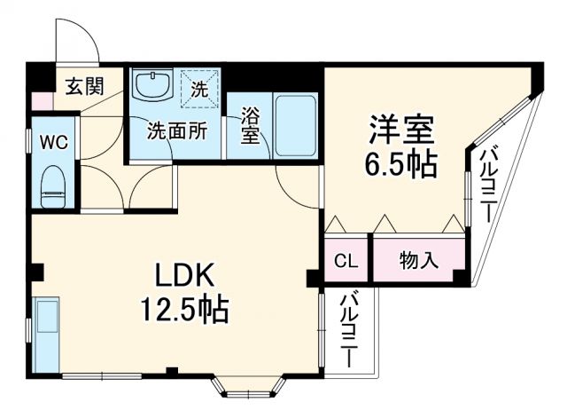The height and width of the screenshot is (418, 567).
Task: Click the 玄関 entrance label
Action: click(x=86, y=86)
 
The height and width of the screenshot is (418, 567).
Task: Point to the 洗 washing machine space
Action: click(x=200, y=88)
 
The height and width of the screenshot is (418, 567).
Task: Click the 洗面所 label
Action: click(x=176, y=130)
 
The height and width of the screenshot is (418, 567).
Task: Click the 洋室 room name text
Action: click(x=400, y=130)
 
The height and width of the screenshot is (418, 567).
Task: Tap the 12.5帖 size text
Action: click(x=183, y=310)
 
